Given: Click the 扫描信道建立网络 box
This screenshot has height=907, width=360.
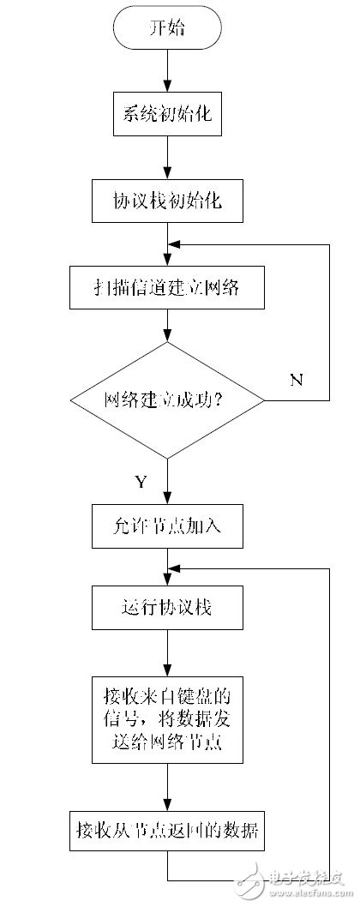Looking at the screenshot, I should tap(167, 290).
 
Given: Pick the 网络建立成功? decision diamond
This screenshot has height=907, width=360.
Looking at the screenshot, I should tap(167, 399).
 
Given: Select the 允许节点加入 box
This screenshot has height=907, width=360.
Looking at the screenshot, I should tap(167, 525).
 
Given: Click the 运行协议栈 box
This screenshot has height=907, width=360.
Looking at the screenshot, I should tap(167, 608).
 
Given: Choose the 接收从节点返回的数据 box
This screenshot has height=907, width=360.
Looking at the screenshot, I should tap(167, 829).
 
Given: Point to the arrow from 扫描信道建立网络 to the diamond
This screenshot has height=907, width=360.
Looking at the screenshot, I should tap(167, 327).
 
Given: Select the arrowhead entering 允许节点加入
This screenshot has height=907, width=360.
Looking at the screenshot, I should tap(167, 499).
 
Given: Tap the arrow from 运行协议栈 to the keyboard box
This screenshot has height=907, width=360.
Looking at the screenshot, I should tap(167, 652).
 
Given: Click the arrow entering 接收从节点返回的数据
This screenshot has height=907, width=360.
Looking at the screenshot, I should tap(167, 787).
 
